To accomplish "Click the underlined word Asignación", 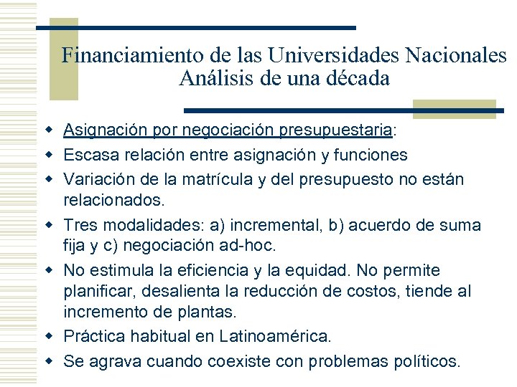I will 105,131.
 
